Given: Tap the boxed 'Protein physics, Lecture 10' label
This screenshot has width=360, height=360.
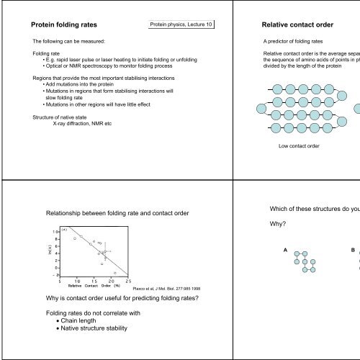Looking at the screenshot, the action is [x=181, y=26].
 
